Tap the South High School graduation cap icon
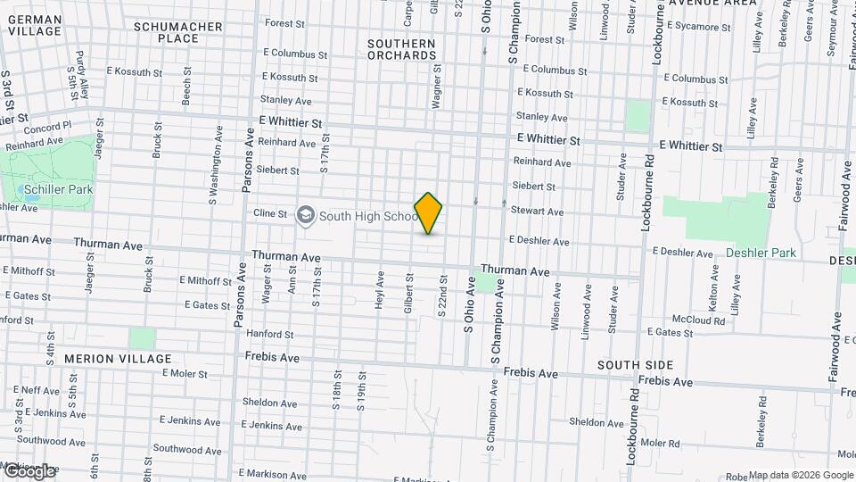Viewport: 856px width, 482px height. point(307,216)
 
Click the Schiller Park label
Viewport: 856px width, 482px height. point(58,190)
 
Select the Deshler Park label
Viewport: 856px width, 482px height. point(760,253)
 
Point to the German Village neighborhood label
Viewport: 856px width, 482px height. point(35,24)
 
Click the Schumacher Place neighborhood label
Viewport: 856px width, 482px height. point(178,32)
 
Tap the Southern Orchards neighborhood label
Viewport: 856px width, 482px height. point(401,49)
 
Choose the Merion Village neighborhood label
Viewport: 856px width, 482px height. point(118,359)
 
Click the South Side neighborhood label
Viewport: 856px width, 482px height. point(635,365)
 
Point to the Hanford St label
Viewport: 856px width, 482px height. point(270,335)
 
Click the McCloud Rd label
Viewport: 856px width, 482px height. point(698,320)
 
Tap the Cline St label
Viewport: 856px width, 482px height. point(270,214)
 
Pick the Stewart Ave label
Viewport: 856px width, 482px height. point(537,212)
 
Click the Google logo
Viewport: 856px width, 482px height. point(29,470)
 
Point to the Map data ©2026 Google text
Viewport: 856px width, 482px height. point(801,475)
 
